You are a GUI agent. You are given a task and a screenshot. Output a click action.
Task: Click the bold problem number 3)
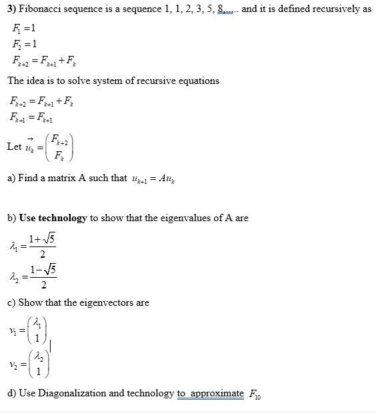pos(13,11)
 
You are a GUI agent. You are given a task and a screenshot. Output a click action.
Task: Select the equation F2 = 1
pos(25,45)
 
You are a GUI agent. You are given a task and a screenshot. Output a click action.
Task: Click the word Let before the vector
pos(14,146)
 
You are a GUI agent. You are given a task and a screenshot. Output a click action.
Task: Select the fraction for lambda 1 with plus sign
pos(42,246)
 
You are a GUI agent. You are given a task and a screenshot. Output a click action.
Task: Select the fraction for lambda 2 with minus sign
pos(42,277)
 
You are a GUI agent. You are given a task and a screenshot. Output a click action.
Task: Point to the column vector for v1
pos(37,331)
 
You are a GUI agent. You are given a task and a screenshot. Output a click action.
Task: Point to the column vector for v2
pos(38,364)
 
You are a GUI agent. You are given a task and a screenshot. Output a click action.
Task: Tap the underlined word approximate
pos(217,393)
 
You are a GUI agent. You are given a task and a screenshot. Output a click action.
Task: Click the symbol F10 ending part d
pos(254,394)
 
